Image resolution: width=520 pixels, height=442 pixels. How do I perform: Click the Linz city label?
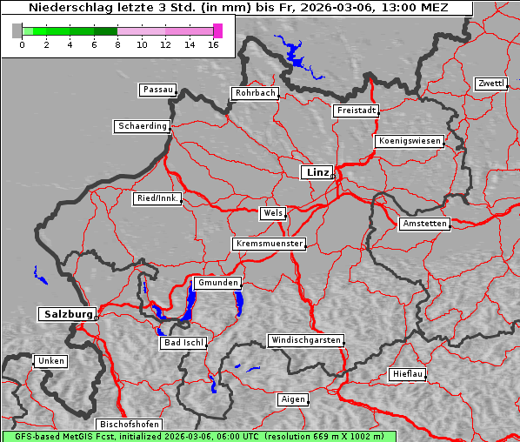(317, 172)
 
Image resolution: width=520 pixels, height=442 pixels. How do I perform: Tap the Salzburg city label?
(66, 314)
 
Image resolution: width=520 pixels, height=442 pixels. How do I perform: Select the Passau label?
(157, 90)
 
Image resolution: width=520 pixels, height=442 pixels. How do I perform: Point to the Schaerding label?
(142, 126)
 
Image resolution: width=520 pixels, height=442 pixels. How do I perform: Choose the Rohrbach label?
(254, 93)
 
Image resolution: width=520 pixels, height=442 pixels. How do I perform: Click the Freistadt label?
(356, 110)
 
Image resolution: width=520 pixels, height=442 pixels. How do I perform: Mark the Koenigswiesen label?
(410, 141)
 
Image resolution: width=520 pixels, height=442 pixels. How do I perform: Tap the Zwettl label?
(490, 84)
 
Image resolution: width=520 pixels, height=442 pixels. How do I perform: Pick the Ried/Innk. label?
(157, 198)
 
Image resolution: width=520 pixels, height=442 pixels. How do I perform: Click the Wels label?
(272, 213)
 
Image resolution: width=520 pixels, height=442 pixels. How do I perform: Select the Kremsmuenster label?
(269, 244)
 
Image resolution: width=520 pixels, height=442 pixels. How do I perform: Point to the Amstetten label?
(423, 224)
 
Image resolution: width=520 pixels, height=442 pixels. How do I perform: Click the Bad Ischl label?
(183, 343)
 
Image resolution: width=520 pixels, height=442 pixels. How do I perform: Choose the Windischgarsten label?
(304, 340)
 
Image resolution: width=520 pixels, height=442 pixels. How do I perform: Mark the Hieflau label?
(407, 374)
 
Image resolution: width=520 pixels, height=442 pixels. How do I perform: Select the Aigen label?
(292, 399)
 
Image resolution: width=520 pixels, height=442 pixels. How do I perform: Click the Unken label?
(50, 361)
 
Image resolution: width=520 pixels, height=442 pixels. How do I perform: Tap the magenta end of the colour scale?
(217, 30)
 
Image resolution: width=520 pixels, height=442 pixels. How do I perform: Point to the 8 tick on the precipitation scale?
(117, 44)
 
